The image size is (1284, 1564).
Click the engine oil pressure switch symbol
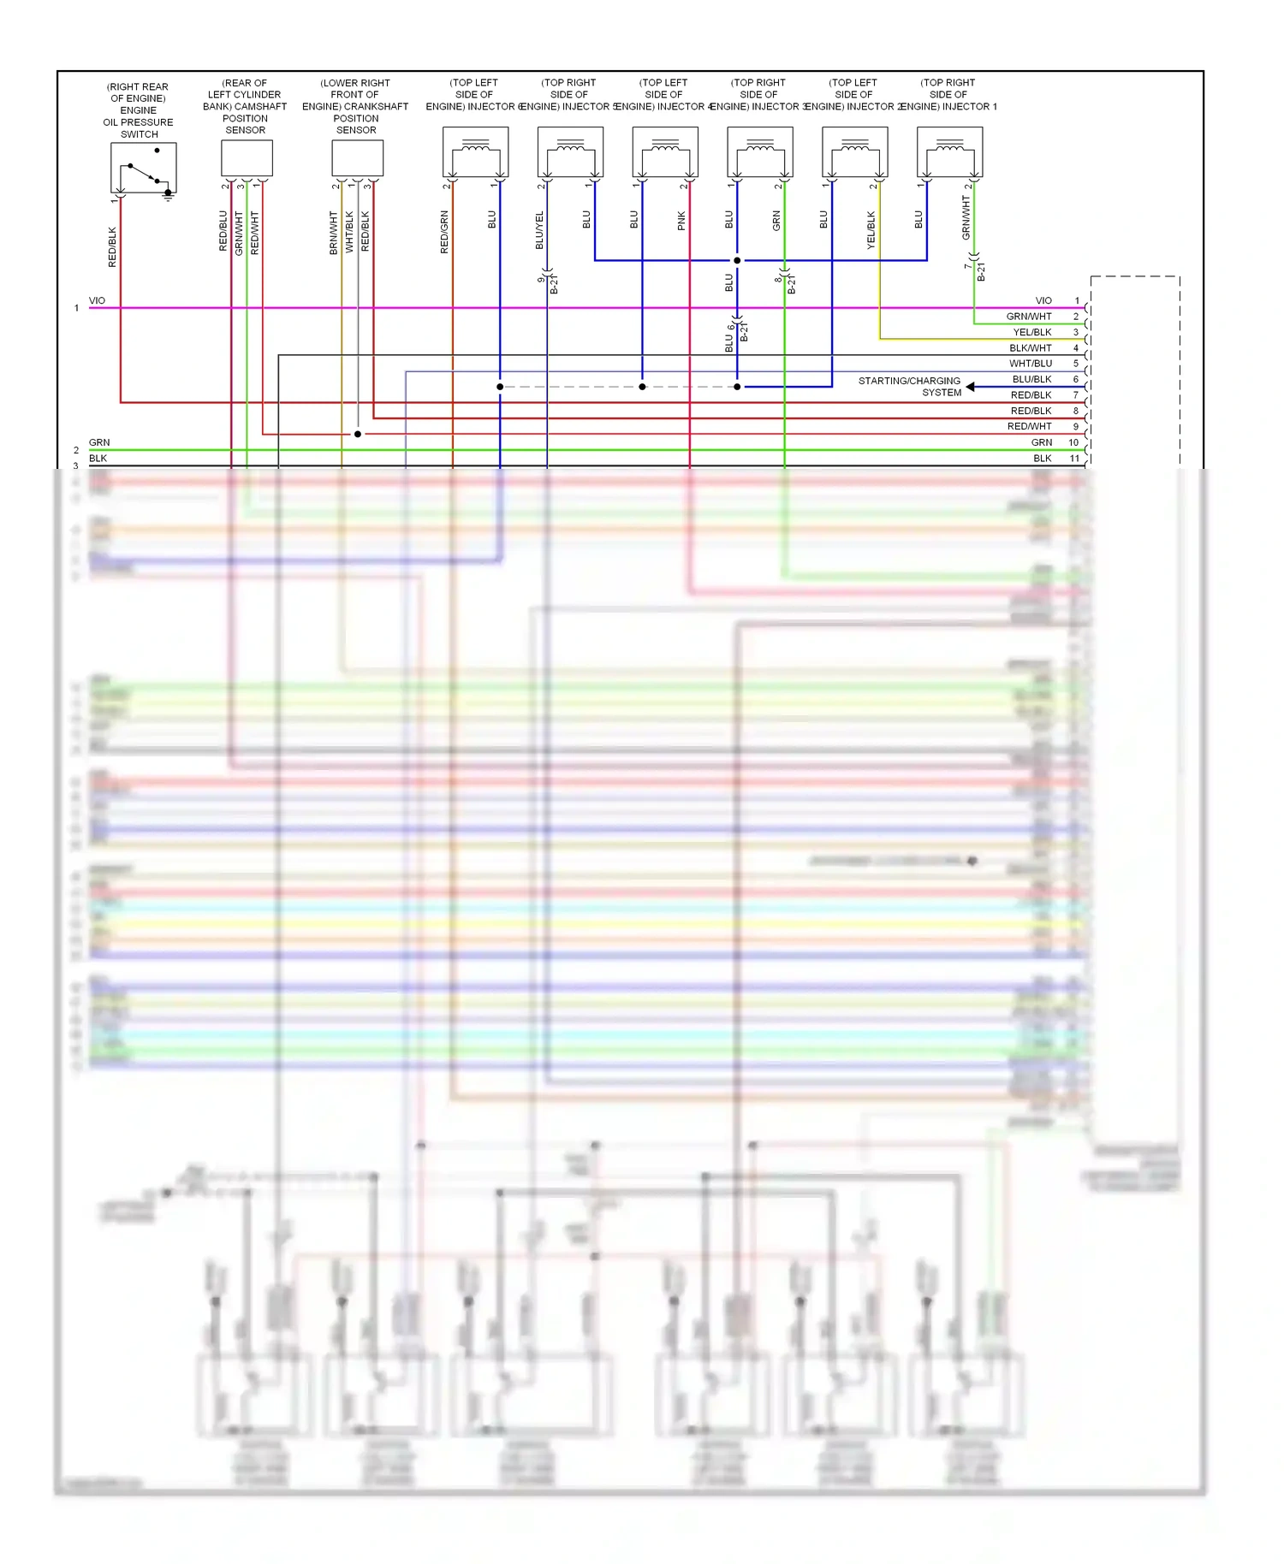143,168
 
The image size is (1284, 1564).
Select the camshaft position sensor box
247,157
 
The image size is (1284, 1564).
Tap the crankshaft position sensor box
357,157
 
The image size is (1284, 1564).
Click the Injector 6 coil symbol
475,151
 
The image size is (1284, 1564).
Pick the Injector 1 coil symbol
949,151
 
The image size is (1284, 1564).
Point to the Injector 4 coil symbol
665,151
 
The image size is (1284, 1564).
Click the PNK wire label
681,221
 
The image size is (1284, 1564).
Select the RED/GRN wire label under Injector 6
444,232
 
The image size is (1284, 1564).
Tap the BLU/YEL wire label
539,230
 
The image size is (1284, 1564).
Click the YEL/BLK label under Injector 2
871,230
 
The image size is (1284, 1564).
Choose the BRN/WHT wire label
334,233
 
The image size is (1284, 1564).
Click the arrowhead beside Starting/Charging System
971,387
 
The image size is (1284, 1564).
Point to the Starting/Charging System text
909,387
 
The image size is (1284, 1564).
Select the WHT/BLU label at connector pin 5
1031,364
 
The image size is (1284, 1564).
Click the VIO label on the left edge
97,301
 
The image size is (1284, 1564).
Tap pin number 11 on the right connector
1074,459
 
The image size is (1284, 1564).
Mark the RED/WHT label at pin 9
1029,426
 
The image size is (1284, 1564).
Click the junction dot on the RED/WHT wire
358,435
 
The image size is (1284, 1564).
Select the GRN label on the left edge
99,442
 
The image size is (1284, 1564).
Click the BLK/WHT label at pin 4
1031,348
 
